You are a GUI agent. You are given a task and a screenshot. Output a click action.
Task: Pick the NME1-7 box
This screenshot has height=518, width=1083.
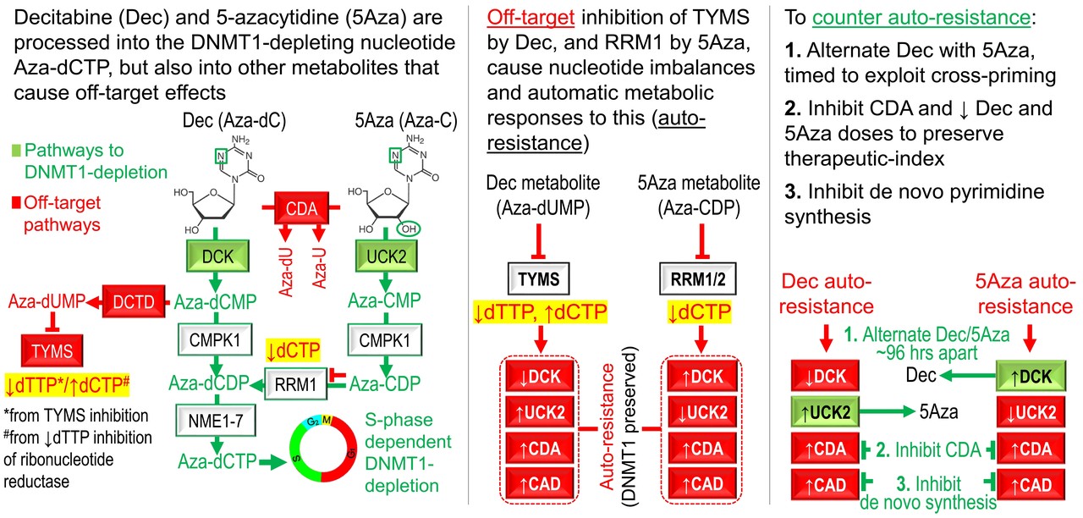(x=217, y=417)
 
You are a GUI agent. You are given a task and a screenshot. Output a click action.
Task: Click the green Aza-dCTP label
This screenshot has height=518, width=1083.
(x=218, y=462)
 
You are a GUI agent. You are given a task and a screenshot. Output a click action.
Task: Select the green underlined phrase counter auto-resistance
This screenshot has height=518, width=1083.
(x=886, y=18)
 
